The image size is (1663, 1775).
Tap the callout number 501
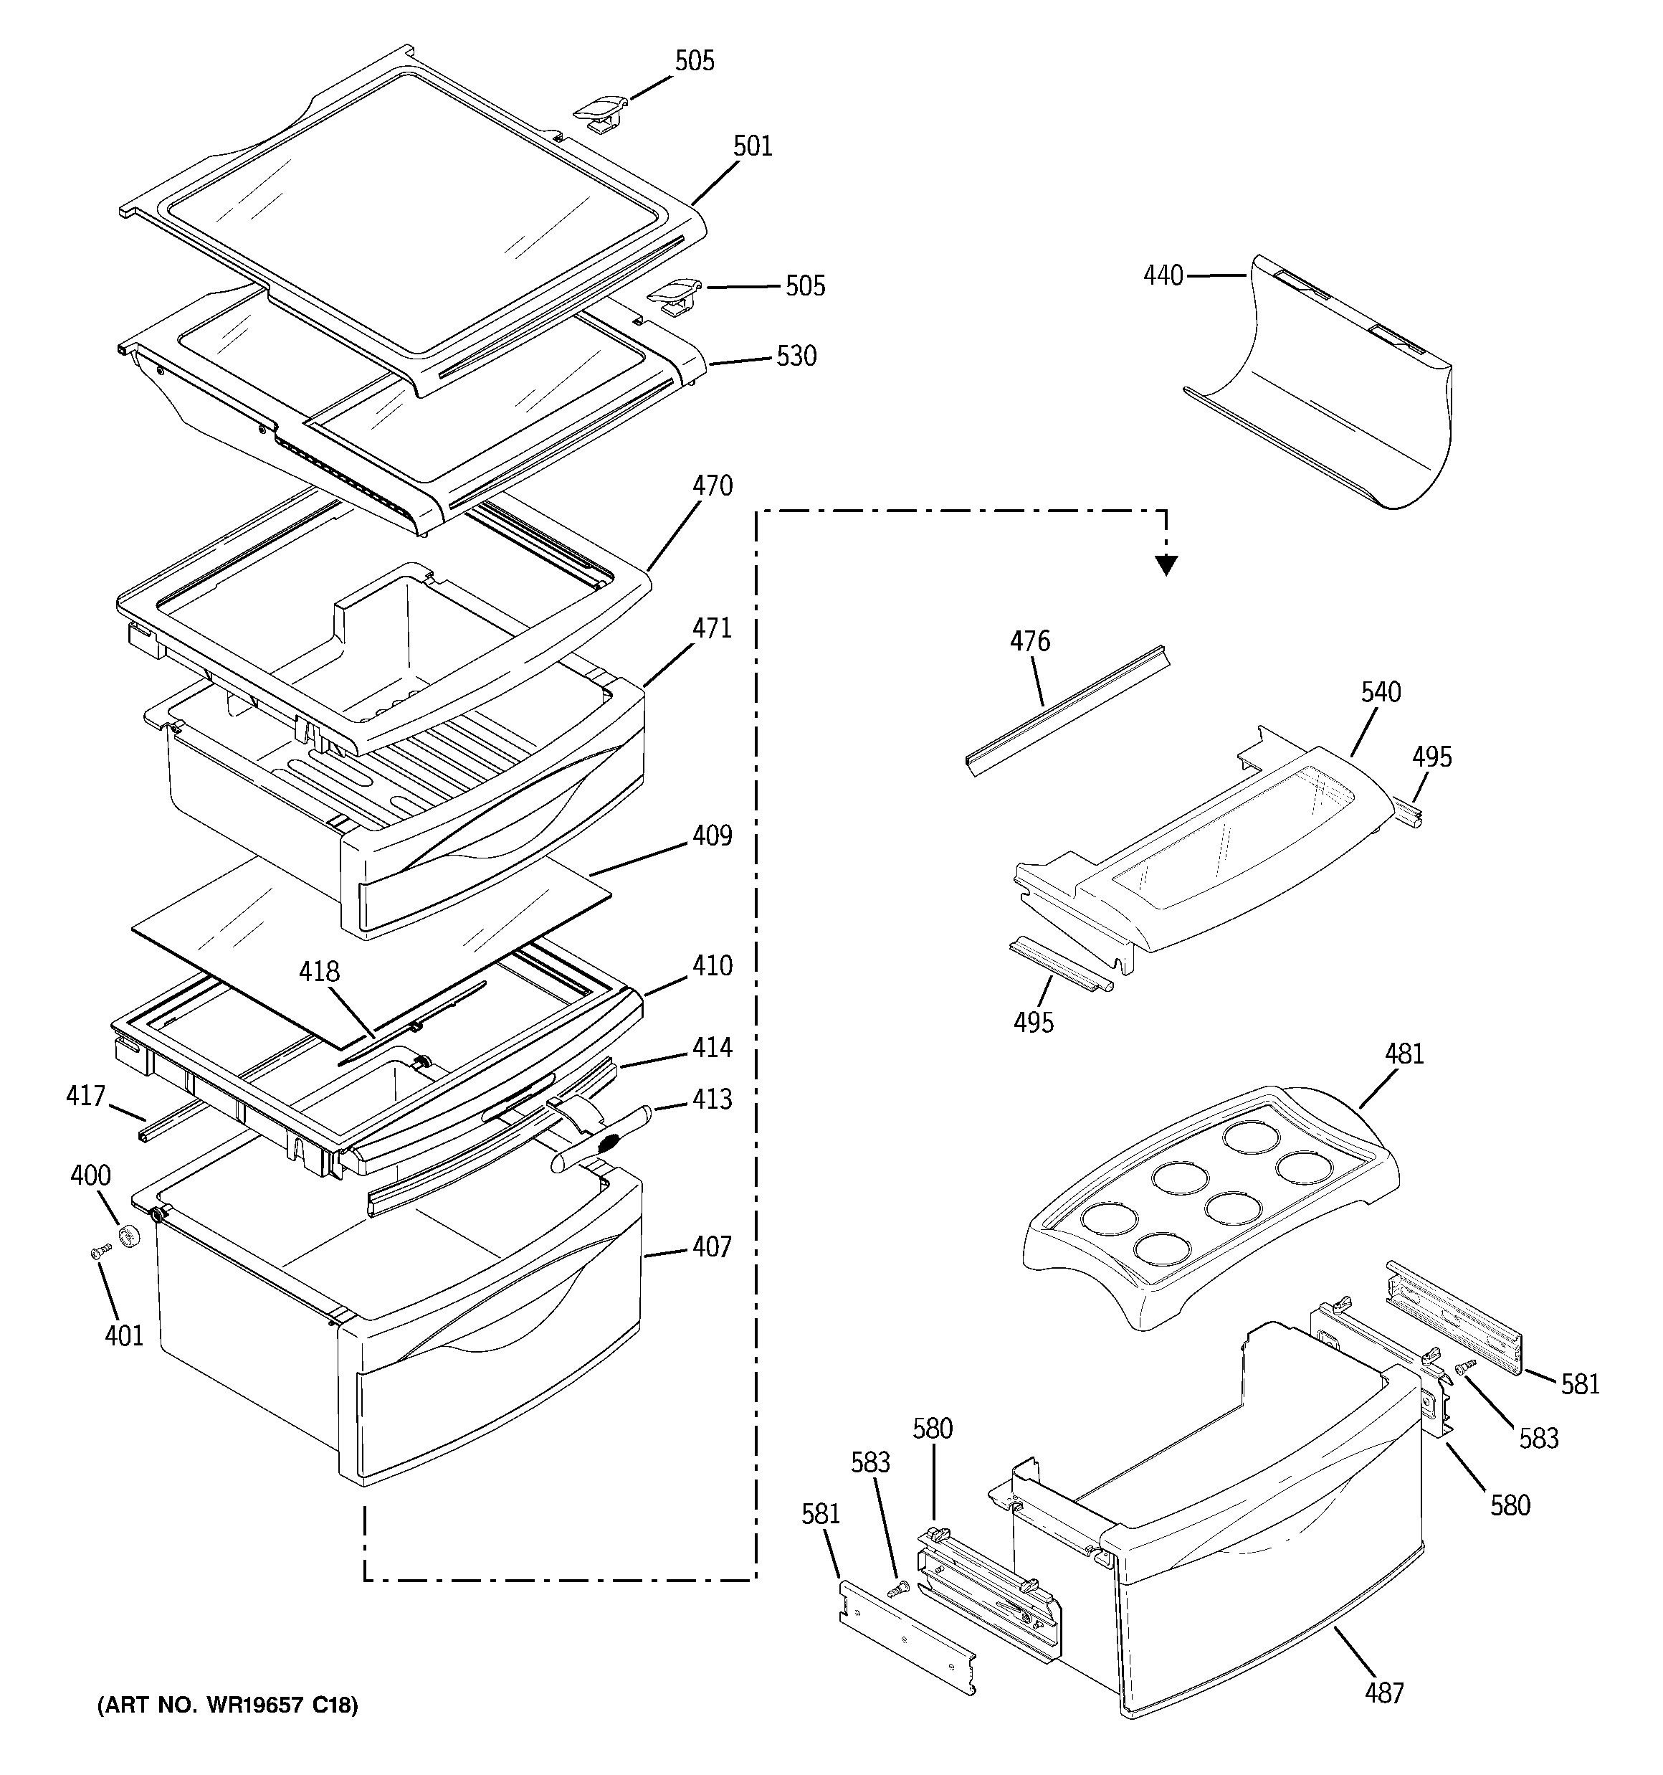point(753,146)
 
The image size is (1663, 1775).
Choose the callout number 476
point(1030,641)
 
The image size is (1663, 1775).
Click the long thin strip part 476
point(1067,710)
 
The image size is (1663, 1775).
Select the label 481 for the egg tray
point(1404,1054)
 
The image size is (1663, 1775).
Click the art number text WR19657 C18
point(228,1706)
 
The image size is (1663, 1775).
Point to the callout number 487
point(1383,1692)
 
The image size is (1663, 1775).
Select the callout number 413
point(713,1099)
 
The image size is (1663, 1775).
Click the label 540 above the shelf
point(1381,692)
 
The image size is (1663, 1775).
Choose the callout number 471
point(713,628)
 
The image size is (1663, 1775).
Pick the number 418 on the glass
point(320,972)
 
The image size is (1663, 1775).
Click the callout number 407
point(713,1246)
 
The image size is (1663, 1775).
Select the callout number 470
point(713,486)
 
